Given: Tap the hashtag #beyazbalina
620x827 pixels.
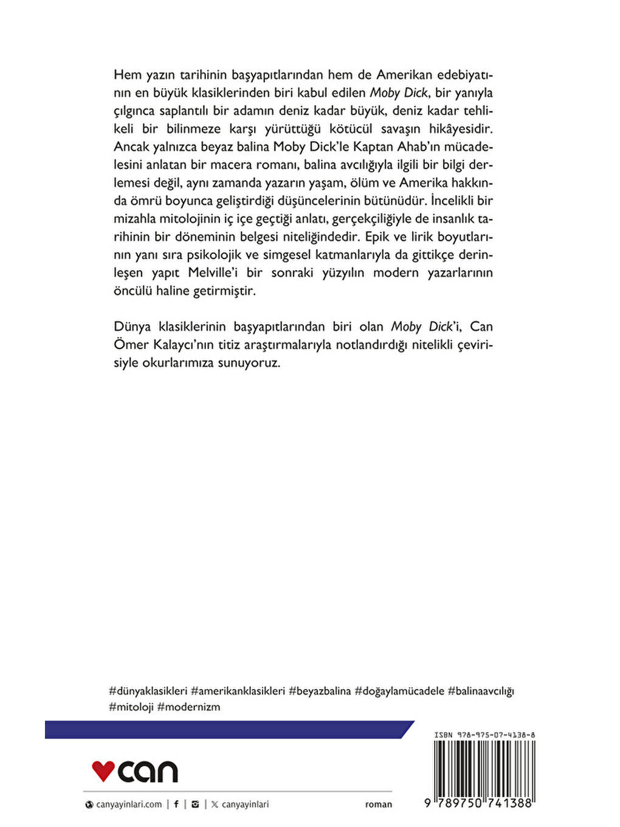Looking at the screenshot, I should coord(320,691).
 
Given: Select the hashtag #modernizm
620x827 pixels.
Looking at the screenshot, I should coord(188,707).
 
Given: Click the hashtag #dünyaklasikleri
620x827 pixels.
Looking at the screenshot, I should coord(148,691).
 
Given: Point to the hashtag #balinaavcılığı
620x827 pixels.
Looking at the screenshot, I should coord(481,691).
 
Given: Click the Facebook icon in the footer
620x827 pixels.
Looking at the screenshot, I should coord(176,804).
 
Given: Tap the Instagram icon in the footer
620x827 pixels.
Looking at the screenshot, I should coord(195,804).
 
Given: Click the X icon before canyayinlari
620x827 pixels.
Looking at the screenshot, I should coord(215,804).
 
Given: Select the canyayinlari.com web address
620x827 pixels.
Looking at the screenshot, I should coord(129,804).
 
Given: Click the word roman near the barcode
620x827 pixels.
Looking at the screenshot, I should coord(379,804).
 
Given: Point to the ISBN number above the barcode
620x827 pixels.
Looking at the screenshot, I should coord(484,735).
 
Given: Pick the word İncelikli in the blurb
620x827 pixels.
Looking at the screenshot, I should coord(455,201).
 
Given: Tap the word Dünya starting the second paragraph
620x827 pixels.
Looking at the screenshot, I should coord(132,327).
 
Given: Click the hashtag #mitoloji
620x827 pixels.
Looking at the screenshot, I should coord(131,707).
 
